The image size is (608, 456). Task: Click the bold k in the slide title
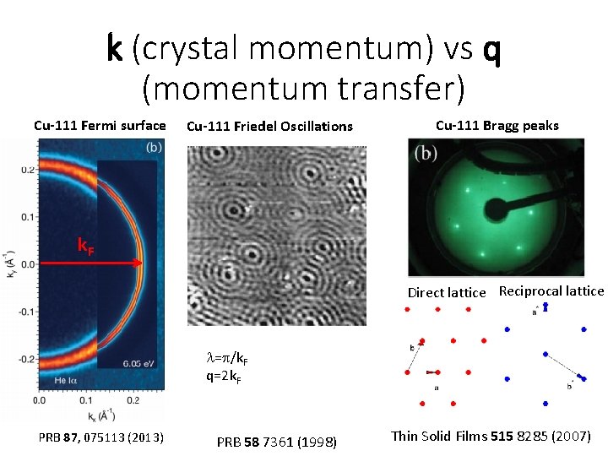(x=117, y=50)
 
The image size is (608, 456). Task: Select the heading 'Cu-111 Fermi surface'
(x=100, y=126)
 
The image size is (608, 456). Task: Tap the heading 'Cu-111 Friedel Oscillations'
(x=269, y=127)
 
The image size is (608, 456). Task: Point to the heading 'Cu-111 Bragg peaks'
(x=497, y=126)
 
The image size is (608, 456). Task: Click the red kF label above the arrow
(x=86, y=246)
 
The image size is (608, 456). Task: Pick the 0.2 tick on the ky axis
(x=29, y=170)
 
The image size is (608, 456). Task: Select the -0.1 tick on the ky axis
(x=27, y=312)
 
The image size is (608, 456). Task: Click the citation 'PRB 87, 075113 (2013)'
(x=101, y=437)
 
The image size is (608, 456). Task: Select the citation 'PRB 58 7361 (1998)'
(x=277, y=442)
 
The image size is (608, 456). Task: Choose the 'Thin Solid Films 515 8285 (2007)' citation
(x=491, y=437)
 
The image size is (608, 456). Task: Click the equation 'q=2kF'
(x=225, y=377)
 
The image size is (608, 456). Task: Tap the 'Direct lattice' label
(x=447, y=293)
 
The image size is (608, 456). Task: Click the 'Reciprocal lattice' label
(x=551, y=291)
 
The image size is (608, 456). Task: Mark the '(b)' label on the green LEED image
(x=426, y=155)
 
